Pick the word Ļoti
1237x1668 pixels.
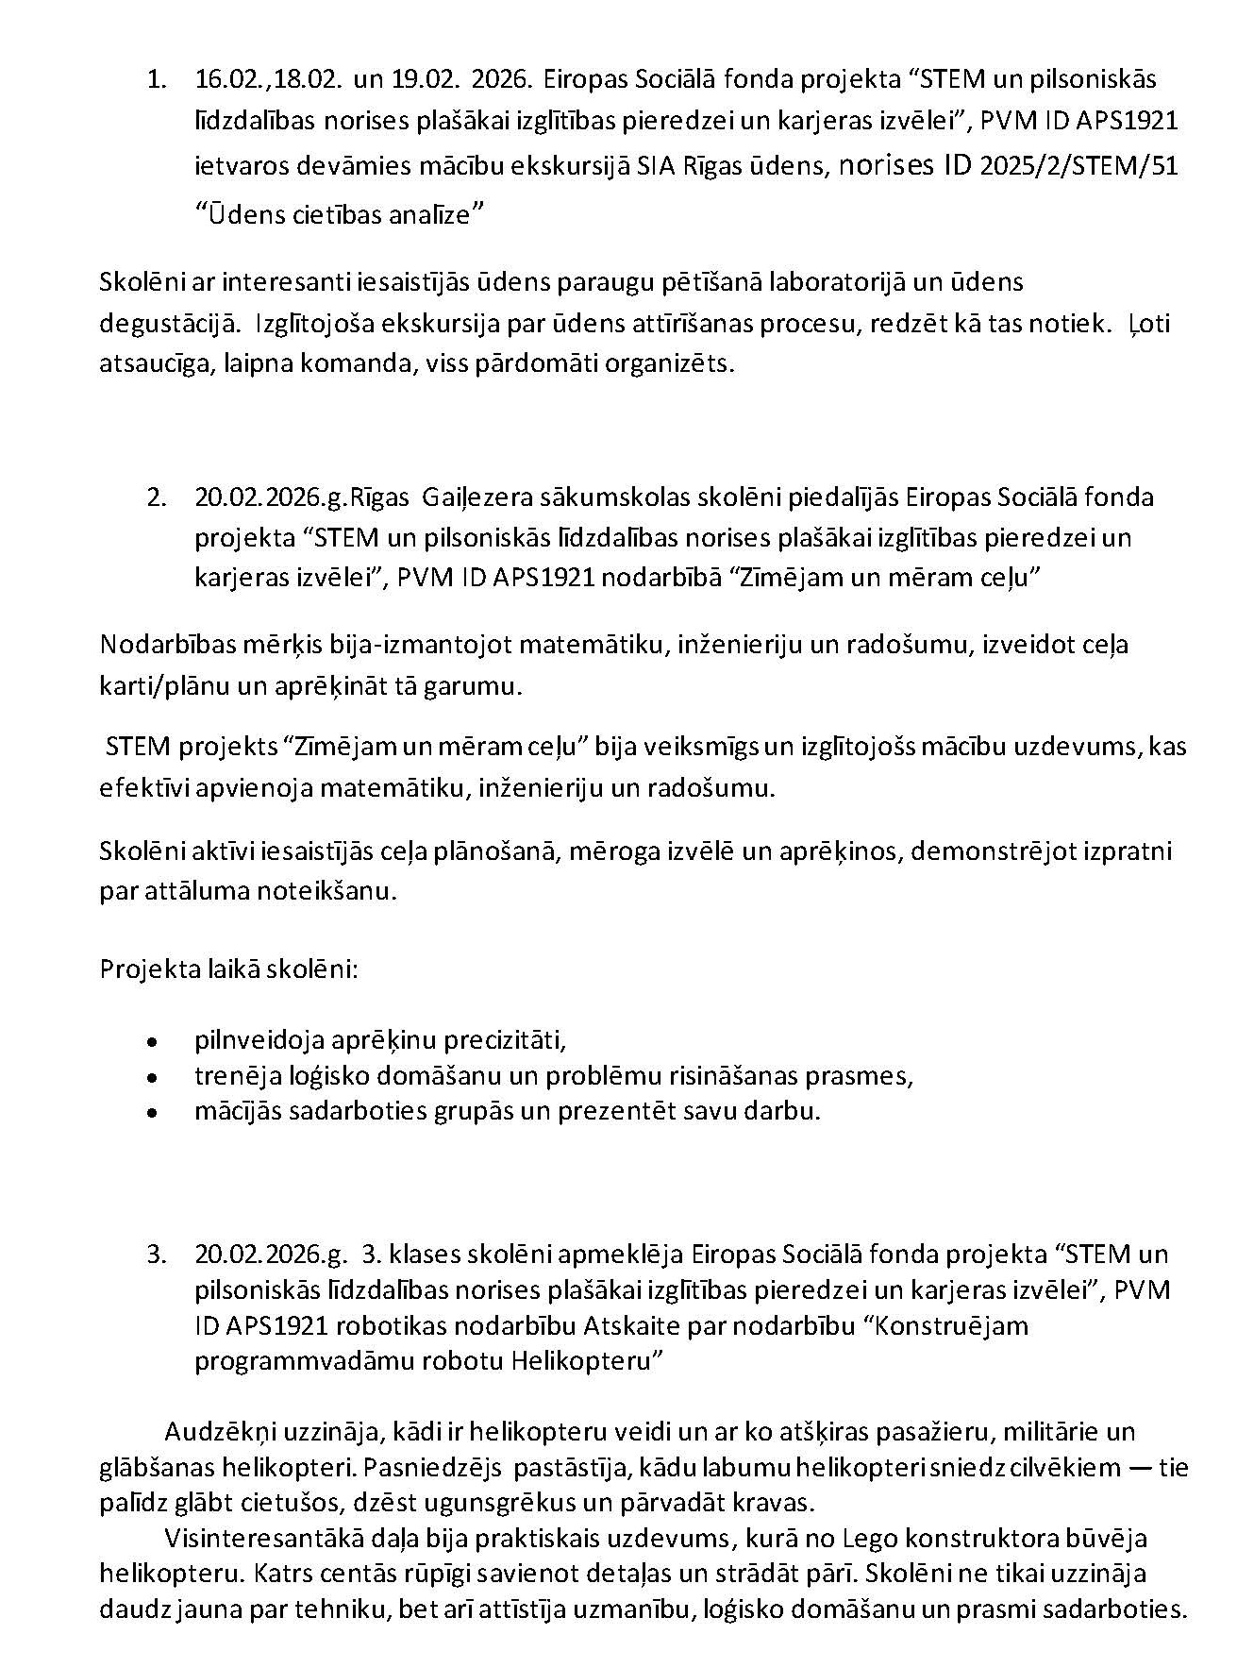pos(1149,324)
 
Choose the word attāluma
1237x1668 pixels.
pos(196,892)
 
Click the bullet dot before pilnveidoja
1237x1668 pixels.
pos(151,1043)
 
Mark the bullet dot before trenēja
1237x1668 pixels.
pos(151,1077)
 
